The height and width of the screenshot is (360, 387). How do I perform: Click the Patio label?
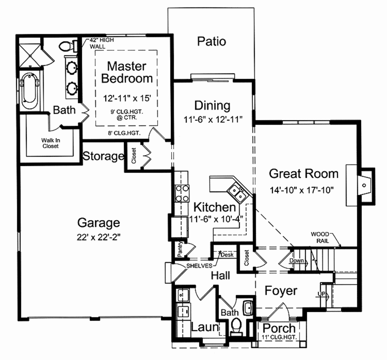pyautogui.click(x=212, y=41)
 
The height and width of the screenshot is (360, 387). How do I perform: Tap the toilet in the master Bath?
pyautogui.click(x=67, y=46)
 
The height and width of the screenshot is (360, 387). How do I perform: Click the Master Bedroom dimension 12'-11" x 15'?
pyautogui.click(x=127, y=98)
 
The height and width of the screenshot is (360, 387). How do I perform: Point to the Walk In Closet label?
pyautogui.click(x=51, y=143)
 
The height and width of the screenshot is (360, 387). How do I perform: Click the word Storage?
pyautogui.click(x=103, y=156)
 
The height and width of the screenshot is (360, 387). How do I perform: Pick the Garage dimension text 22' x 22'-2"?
pyautogui.click(x=98, y=237)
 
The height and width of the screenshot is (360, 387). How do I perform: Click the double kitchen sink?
pyautogui.click(x=237, y=192)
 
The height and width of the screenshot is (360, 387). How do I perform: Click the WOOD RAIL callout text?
pyautogui.click(x=320, y=237)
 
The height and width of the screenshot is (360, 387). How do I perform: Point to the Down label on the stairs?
pyautogui.click(x=297, y=261)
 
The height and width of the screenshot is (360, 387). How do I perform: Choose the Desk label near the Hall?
pyautogui.click(x=227, y=255)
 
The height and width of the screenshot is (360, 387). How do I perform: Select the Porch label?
pyautogui.click(x=279, y=328)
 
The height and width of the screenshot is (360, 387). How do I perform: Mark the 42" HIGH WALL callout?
pyautogui.click(x=101, y=43)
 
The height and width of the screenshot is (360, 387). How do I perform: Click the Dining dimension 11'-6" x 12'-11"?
pyautogui.click(x=213, y=120)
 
